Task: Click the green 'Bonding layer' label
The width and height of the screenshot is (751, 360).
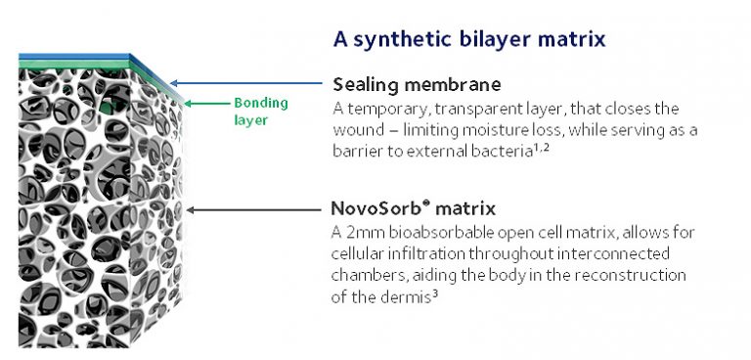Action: pyautogui.click(x=255, y=110)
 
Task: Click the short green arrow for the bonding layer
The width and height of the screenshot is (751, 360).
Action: pyautogui.click(x=200, y=102)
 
